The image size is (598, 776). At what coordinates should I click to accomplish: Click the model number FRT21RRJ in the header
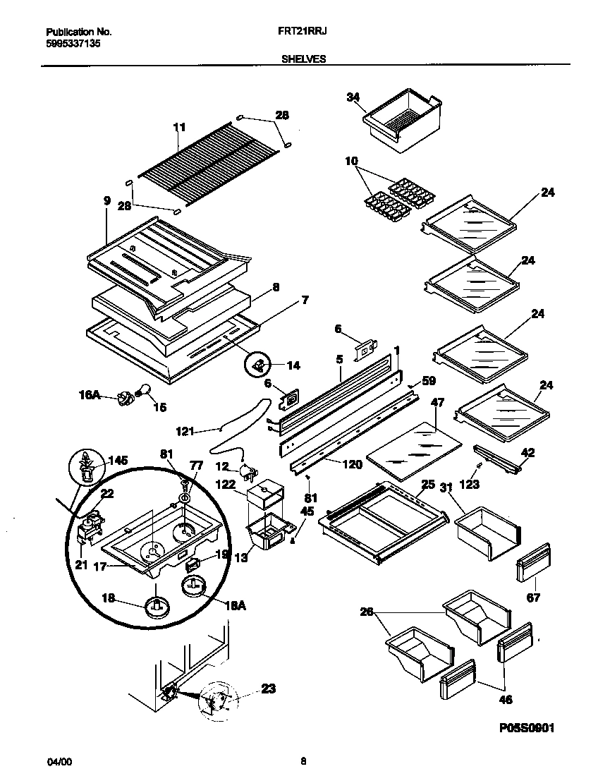point(304,32)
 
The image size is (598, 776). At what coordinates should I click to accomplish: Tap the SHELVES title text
point(304,60)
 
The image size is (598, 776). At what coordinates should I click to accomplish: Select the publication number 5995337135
point(71,42)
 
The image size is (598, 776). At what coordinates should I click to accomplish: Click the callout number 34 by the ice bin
point(353,97)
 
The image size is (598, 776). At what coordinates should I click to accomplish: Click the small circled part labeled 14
point(257,365)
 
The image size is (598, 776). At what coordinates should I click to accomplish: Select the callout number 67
point(534,598)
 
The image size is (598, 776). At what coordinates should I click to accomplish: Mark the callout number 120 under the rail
point(352,464)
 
